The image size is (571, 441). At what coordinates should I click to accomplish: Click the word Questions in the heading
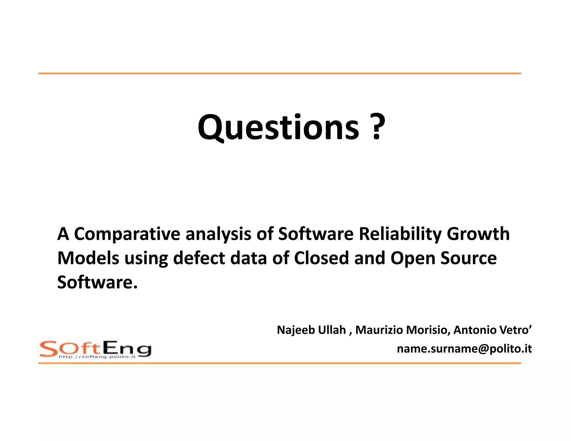click(x=278, y=128)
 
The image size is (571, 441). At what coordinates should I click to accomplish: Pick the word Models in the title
click(x=88, y=258)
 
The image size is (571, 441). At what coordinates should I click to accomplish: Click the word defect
click(x=199, y=258)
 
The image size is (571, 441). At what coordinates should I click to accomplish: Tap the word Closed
click(x=321, y=258)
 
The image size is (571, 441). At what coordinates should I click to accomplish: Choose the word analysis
click(x=218, y=234)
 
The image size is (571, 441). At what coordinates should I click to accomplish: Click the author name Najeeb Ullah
click(x=311, y=330)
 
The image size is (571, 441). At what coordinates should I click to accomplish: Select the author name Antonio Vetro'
click(x=493, y=330)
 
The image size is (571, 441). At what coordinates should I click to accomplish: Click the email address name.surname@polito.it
click(x=464, y=349)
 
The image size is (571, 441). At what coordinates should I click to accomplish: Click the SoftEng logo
click(x=95, y=349)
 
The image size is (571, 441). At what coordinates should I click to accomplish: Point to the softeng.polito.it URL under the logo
click(x=97, y=357)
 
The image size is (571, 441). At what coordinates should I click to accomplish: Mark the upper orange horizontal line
click(x=280, y=74)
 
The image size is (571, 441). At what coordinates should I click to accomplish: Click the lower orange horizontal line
click(x=280, y=363)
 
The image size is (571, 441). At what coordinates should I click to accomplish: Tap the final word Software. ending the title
click(x=97, y=282)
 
